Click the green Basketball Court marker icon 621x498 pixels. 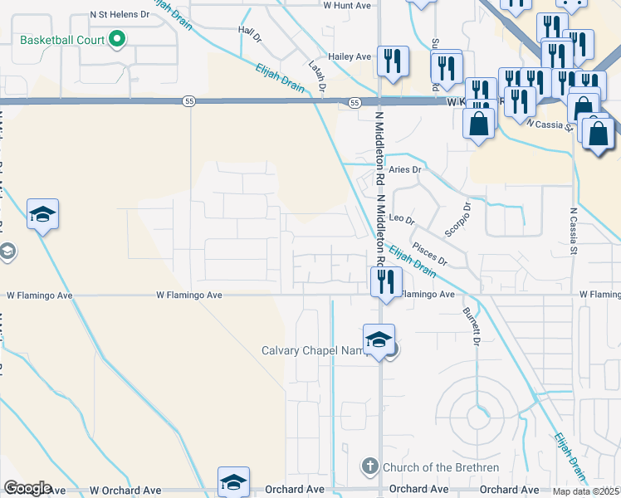pos(117,39)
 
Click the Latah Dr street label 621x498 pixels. pos(316,75)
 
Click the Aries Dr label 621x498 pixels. pos(406,169)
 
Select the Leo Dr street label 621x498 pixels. pos(402,219)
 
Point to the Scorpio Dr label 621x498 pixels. pos(457,219)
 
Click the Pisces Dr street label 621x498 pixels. pos(430,255)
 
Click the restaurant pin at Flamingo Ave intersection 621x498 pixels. pos(384,281)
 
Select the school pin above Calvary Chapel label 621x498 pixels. pos(379,339)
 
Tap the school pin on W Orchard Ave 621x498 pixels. pos(233,481)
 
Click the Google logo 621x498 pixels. pos(27,488)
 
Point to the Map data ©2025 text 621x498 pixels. pos(586,491)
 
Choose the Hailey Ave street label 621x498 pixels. pos(352,56)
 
